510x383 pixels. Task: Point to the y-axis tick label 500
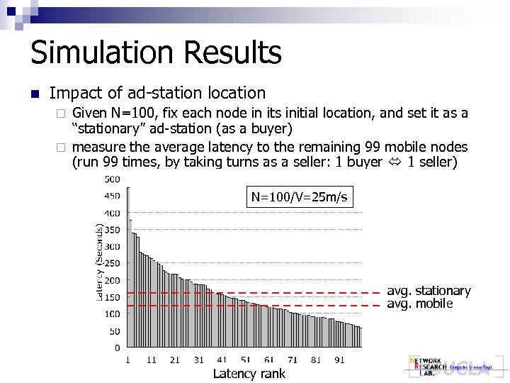(112, 179)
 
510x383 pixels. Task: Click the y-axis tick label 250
(112, 263)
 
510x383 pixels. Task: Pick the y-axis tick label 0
(117, 348)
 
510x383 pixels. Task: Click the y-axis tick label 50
(114, 331)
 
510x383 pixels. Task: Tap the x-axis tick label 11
(152, 360)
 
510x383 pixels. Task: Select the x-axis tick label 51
(246, 360)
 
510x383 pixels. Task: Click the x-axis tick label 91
(339, 360)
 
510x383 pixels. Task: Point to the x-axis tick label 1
(128, 360)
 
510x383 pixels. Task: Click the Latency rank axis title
(249, 374)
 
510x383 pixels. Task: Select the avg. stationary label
(429, 291)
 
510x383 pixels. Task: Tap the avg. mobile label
(419, 304)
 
